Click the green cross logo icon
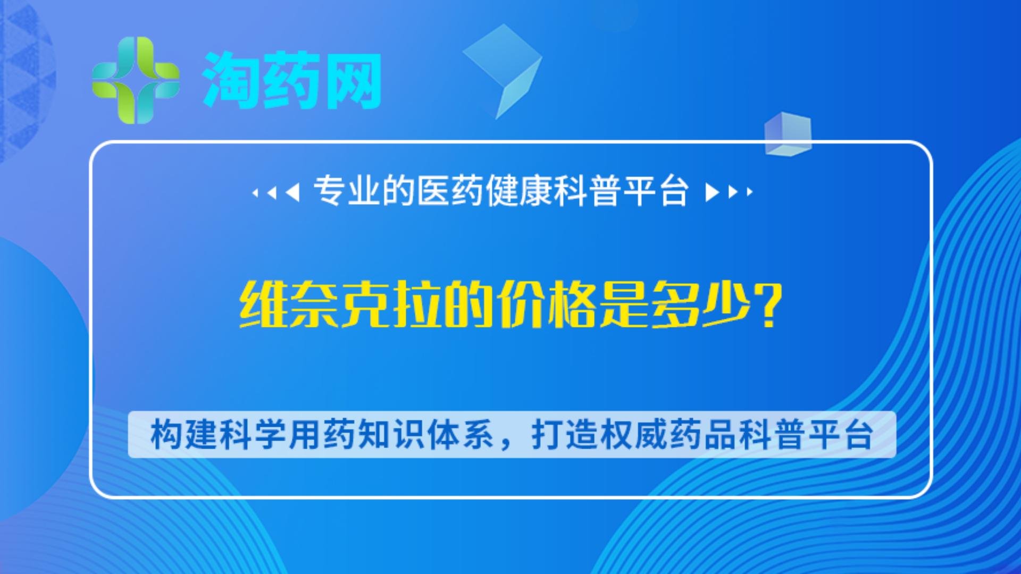click(x=136, y=80)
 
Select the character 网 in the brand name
click(x=354, y=81)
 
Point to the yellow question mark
click(x=769, y=305)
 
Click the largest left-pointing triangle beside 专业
click(x=293, y=192)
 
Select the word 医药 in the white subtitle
click(x=450, y=191)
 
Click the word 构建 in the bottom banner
click(x=183, y=435)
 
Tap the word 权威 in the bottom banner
click(x=633, y=435)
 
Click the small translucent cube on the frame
click(x=788, y=134)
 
